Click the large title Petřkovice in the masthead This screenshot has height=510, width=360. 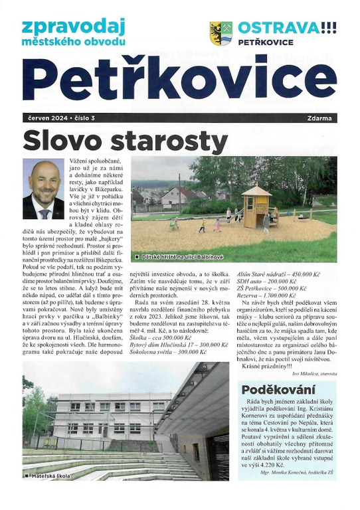coord(179,80)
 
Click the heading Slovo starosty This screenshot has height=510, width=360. coord(126,141)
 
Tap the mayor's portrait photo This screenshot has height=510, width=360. coord(43,189)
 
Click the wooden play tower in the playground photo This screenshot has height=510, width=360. coord(256,205)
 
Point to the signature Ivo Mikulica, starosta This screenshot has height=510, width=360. coord(310,374)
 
